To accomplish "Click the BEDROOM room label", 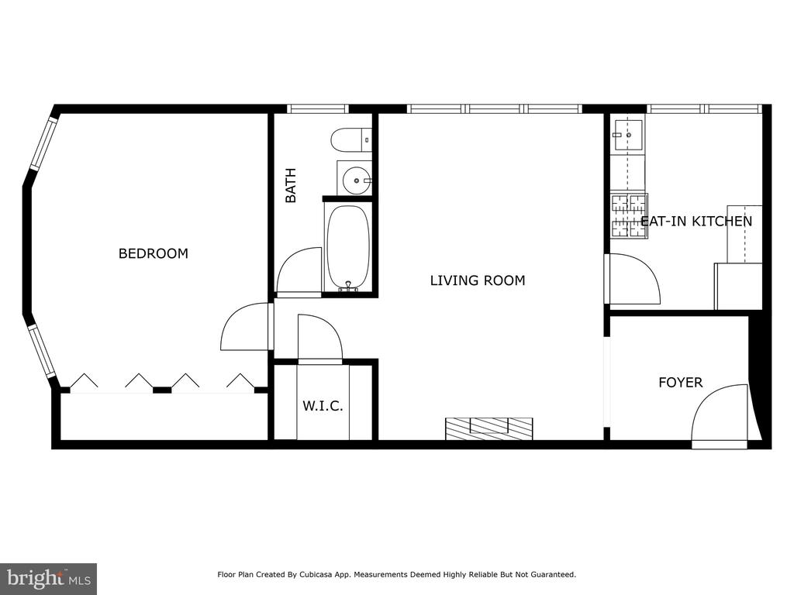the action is click(x=153, y=253).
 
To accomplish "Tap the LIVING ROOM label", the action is click(x=478, y=280).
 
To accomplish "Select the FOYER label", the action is click(x=681, y=383).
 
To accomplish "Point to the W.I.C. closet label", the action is click(x=323, y=406).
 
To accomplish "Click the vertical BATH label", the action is click(x=291, y=186).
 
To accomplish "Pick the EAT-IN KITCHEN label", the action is click(x=696, y=221).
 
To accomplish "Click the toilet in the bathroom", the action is click(x=351, y=139).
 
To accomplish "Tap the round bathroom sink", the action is click(x=356, y=181).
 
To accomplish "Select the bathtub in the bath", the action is click(x=348, y=249).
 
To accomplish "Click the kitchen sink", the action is click(x=628, y=135).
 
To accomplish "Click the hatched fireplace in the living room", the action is click(x=488, y=428).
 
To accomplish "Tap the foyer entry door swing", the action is click(x=720, y=416).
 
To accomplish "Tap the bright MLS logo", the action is click(x=49, y=578).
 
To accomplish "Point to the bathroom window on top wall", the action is click(x=318, y=108).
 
